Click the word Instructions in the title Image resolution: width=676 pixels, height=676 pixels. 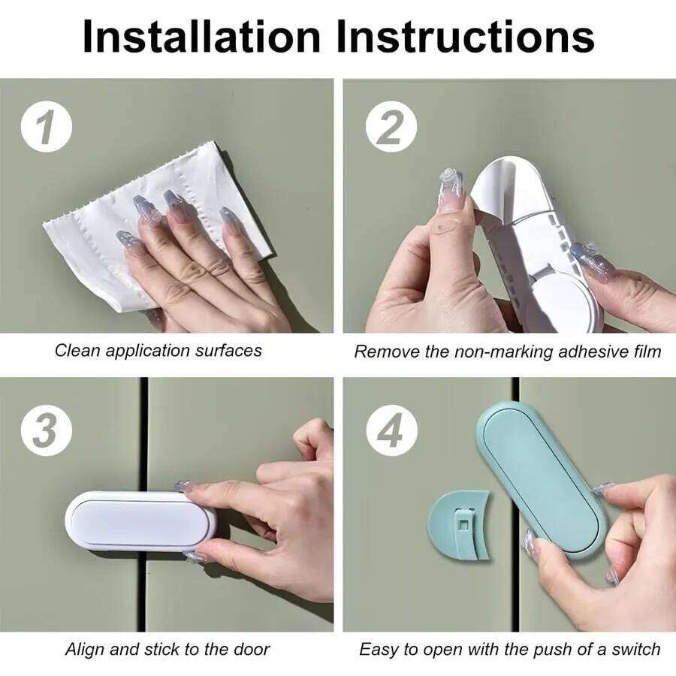466,35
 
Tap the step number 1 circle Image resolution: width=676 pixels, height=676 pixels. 46,128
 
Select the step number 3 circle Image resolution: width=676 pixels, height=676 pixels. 46,433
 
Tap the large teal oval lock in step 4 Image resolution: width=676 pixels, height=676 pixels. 541,481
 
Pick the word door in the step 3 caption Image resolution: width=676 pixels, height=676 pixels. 254,649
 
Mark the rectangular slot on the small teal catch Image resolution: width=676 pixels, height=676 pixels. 464,522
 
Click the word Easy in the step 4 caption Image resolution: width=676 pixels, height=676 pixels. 377,649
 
